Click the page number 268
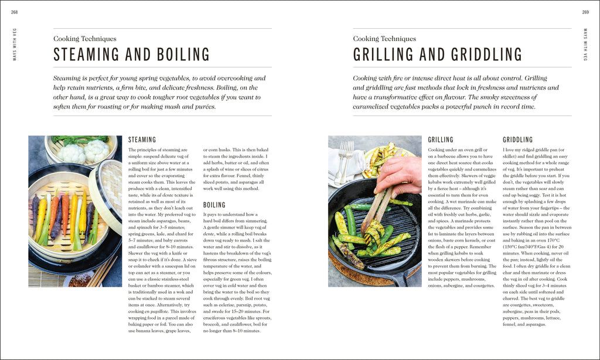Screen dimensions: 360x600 14,12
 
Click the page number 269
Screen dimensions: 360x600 585,12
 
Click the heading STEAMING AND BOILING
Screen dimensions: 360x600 131,55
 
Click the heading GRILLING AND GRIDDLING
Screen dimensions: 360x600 437,55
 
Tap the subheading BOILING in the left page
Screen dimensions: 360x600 214,205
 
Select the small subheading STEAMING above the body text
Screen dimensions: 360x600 142,140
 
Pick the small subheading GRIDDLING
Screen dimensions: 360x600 518,140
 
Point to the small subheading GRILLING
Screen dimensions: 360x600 441,140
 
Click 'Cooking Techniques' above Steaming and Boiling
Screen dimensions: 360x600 84,39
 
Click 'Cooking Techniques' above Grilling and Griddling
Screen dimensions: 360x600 384,39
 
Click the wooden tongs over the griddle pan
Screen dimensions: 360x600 375,208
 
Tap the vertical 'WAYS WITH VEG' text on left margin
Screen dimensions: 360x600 15,45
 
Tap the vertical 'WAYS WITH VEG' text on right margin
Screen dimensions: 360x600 585,45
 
